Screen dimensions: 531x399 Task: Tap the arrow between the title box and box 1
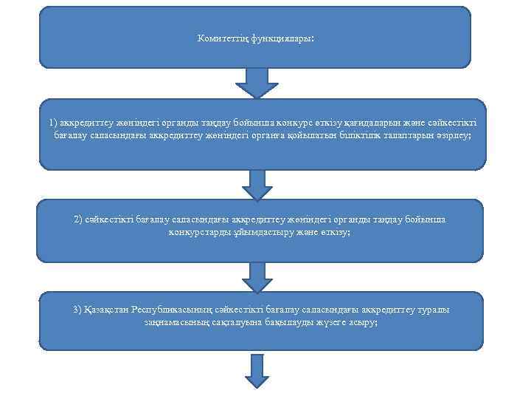(257, 82)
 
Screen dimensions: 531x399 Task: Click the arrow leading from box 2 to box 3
(257, 276)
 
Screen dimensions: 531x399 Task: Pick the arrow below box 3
(257, 369)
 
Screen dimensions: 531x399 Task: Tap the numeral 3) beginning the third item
(77, 310)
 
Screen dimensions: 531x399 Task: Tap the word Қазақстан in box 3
(109, 310)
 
